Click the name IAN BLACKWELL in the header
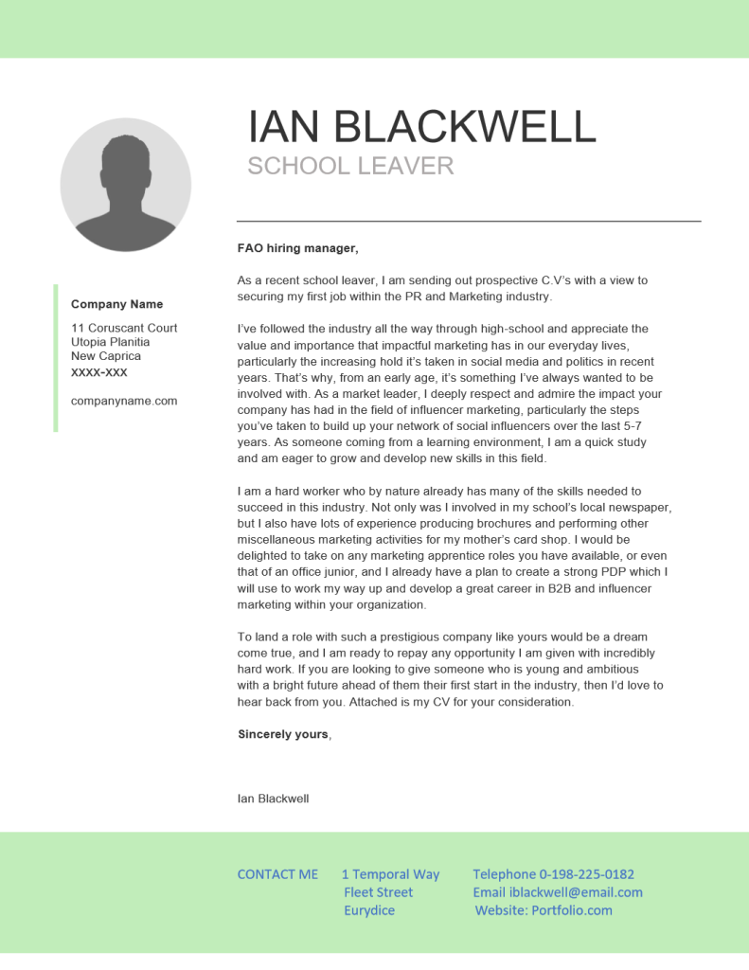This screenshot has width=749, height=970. click(x=421, y=127)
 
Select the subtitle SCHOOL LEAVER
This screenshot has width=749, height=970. click(x=350, y=167)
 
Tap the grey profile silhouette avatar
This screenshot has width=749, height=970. click(x=126, y=186)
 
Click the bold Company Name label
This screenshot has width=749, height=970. click(x=116, y=304)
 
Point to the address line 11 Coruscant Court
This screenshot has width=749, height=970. click(x=124, y=328)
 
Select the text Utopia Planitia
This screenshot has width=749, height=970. click(x=110, y=342)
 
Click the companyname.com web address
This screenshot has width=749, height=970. click(x=124, y=401)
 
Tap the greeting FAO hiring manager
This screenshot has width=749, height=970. click(x=297, y=248)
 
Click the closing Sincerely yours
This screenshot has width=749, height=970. click(x=284, y=734)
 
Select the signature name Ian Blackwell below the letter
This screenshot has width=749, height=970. click(x=273, y=799)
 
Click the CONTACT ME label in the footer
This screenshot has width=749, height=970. click(x=277, y=874)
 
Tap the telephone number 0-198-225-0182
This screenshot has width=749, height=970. click(x=586, y=874)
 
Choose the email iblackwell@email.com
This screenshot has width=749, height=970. click(x=576, y=892)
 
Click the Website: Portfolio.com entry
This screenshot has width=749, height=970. click(x=544, y=910)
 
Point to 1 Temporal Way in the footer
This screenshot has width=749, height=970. click(x=390, y=874)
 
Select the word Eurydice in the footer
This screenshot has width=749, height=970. click(x=369, y=910)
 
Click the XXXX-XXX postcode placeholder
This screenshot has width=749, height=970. click(x=98, y=372)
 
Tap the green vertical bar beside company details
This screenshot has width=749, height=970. click(x=56, y=358)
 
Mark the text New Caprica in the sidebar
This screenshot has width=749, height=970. click(x=106, y=356)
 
